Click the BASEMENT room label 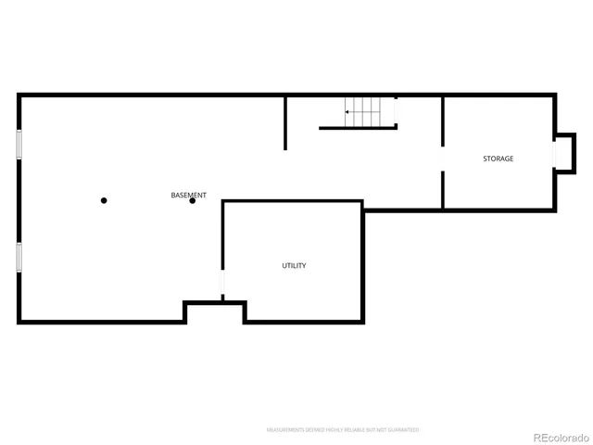pos(189,195)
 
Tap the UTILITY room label pos(294,266)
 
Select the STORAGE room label pos(498,159)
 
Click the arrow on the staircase pos(348,112)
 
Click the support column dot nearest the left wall pos(104,200)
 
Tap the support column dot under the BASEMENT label pos(193,201)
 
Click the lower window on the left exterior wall pos(19,257)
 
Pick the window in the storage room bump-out pos(555,151)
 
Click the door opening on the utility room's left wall pos(222,283)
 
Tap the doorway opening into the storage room pos(442,159)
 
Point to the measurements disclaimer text pos(343,430)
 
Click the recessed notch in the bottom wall pos(215,311)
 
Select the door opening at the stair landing pos(396,111)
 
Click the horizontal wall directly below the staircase pos(358,128)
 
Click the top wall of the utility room pos(292,201)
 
